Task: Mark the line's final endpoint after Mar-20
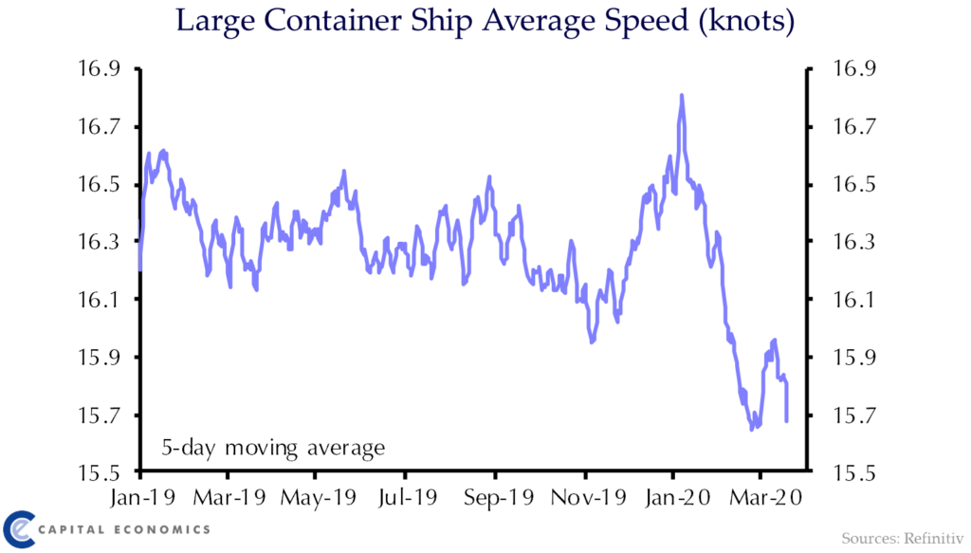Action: pyautogui.click(x=787, y=420)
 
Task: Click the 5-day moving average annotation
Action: pyautogui.click(x=273, y=447)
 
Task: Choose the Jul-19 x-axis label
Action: pyautogui.click(x=406, y=496)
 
